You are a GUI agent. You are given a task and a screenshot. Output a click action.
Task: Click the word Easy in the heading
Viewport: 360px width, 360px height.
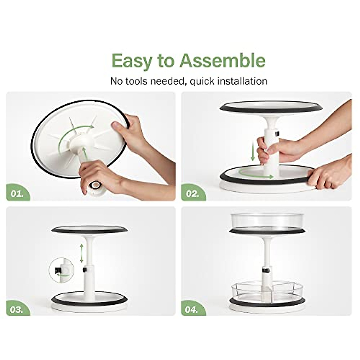[x=132, y=61]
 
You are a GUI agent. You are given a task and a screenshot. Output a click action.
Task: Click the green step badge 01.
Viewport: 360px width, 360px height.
[x=18, y=193]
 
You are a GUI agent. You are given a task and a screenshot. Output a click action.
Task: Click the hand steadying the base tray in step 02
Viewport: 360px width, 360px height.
[x=330, y=177]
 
